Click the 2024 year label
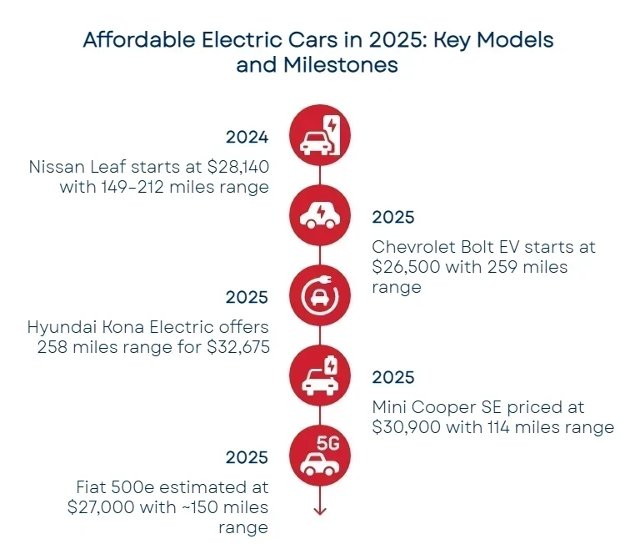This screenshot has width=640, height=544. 247,137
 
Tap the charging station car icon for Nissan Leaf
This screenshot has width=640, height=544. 320,136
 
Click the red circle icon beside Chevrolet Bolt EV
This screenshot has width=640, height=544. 320,216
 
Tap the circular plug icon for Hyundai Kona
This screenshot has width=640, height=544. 320,296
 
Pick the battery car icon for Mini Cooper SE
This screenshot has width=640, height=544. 320,376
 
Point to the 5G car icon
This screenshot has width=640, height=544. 320,456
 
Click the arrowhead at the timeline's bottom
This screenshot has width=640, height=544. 320,510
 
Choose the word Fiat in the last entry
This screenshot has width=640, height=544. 92,487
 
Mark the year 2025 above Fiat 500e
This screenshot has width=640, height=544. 247,457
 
